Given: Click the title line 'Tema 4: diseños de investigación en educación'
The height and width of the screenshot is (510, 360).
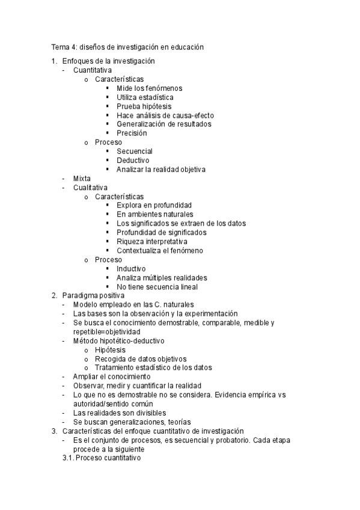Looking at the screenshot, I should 127,47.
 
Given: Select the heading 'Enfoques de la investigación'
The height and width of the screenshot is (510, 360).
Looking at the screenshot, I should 108,61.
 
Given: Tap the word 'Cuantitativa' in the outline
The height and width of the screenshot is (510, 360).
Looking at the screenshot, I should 93,70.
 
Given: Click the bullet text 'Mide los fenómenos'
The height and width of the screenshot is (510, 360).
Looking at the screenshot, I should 150,88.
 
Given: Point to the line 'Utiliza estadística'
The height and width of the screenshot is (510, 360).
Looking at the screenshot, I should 145,97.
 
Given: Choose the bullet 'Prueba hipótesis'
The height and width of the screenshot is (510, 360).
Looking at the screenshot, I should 144,106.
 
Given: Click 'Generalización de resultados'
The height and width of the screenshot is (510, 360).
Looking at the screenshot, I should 163,124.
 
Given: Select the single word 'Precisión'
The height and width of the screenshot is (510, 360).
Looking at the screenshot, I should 132,134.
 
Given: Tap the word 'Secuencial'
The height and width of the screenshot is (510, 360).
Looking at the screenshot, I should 135,152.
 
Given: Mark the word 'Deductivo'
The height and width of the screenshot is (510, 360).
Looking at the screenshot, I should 133,161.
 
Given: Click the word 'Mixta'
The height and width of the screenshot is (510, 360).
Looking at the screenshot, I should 82,179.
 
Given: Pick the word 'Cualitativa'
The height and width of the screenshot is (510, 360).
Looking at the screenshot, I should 90,188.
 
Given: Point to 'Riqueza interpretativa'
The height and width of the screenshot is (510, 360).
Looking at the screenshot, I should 152,241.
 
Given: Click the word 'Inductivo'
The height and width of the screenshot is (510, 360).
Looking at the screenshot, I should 131,268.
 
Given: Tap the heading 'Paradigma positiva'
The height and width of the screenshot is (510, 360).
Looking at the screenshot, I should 93,295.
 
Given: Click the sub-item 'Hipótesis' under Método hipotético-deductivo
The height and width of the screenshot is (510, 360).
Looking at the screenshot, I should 110,350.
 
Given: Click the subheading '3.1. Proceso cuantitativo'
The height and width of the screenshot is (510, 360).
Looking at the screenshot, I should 101,458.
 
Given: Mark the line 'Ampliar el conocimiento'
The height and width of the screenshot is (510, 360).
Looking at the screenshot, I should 112,376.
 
